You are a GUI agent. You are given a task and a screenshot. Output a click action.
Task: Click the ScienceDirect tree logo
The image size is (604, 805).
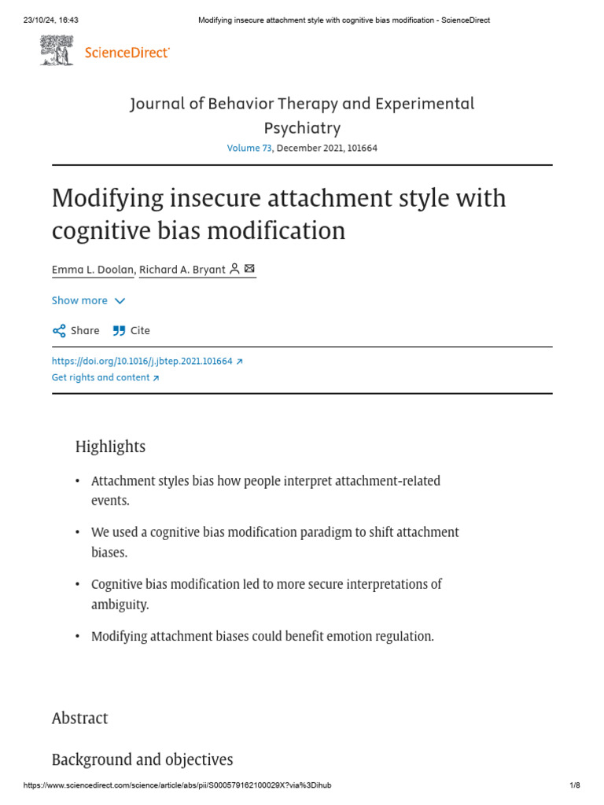point(57,52)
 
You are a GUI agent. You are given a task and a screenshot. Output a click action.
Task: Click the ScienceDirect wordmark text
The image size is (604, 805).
point(127,53)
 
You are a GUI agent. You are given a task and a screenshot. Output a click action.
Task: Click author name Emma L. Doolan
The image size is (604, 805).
point(94,270)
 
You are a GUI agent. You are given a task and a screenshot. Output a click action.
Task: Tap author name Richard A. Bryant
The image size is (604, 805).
point(182,270)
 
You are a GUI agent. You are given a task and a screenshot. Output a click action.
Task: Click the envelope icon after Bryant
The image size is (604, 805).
point(250,269)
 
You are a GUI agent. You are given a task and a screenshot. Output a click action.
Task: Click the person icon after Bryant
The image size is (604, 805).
point(234,269)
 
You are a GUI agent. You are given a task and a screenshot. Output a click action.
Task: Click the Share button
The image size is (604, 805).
point(76,330)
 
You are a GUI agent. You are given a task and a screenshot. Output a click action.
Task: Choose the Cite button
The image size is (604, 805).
point(131,330)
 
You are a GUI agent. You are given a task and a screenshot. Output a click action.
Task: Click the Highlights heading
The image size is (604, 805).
point(110,447)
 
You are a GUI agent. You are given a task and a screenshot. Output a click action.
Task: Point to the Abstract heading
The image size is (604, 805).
point(79,718)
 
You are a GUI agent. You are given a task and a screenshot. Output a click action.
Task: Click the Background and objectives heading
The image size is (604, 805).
point(142,759)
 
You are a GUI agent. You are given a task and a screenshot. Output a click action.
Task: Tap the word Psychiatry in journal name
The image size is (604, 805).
point(302,128)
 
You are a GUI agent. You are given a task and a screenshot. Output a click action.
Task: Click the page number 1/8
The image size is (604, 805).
point(574,786)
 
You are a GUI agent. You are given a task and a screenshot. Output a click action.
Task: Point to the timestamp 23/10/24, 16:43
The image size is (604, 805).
point(46,20)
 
